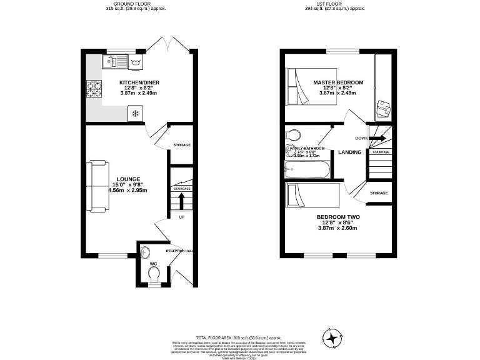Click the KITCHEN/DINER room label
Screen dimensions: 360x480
[138, 82]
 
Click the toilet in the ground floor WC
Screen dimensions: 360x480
[154, 274]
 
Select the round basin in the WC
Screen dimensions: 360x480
[145, 252]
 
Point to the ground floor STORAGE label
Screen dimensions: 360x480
[182, 145]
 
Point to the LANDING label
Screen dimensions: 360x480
[350, 152]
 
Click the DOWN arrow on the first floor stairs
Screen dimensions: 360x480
[378, 138]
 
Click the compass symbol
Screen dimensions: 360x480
[332, 338]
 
